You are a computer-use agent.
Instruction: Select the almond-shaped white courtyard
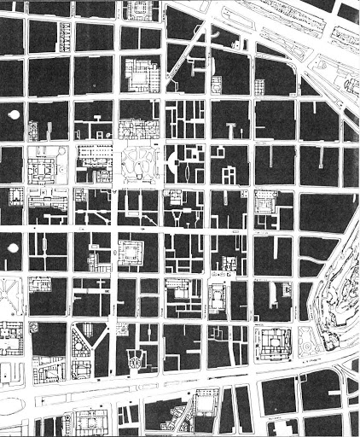click(187, 166)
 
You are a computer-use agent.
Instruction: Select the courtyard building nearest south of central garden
click(133, 253)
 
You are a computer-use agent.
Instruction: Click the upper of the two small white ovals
click(13, 114)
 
